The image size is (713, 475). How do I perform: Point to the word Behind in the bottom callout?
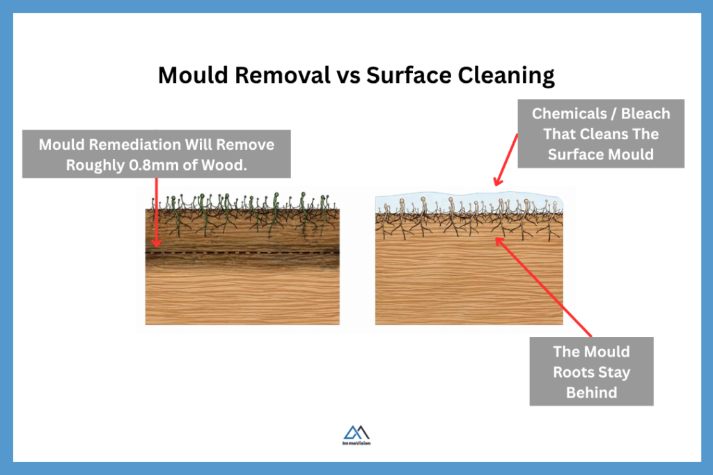(591, 392)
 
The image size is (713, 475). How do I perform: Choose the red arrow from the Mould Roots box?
(543, 288)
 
